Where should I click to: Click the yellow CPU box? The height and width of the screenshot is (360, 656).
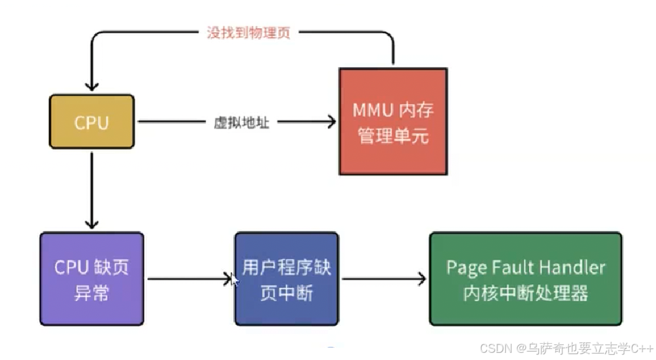(92, 122)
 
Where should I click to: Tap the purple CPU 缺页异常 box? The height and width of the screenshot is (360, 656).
(91, 279)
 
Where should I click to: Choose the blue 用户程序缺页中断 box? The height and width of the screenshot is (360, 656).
(286, 279)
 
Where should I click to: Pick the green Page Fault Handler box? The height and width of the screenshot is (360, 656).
(525, 279)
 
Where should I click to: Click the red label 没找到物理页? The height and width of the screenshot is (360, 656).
(248, 33)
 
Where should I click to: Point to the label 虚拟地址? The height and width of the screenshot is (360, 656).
(241, 122)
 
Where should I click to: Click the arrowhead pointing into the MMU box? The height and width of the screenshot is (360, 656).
(331, 122)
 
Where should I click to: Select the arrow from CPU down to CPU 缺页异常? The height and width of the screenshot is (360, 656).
(92, 188)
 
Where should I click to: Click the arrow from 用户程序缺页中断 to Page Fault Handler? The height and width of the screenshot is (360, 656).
(384, 279)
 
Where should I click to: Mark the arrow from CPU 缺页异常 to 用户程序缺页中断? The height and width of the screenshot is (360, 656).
(189, 279)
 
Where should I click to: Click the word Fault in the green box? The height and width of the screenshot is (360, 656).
(514, 267)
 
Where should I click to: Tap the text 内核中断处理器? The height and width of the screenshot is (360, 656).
(525, 293)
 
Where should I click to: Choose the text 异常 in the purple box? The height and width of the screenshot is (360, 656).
(91, 293)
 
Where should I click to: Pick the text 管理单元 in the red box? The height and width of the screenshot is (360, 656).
(393, 136)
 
